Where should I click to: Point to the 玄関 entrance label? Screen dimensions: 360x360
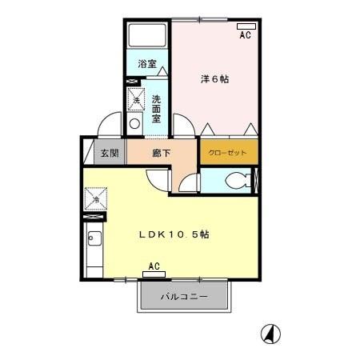107,153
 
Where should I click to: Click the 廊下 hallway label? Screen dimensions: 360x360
161,153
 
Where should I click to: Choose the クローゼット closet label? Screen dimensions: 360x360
228,152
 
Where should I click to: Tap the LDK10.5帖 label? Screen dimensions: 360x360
174,234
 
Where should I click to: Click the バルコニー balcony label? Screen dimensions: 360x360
184,297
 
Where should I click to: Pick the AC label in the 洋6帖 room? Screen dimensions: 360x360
245,36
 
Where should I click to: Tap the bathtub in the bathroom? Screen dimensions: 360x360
147,37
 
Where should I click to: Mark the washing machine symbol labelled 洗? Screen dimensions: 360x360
137,100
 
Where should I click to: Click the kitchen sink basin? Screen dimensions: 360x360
93,238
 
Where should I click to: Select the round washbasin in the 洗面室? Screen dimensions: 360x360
134,124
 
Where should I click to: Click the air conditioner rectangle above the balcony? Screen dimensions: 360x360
154,275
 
